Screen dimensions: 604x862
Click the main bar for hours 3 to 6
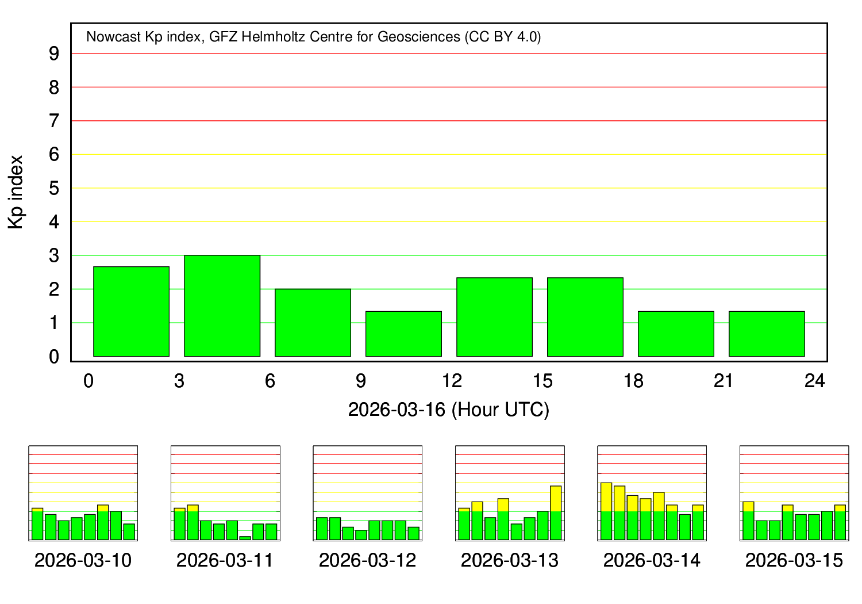point(222,305)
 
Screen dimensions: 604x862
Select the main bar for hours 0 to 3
point(131,311)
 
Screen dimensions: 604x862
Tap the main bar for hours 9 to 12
point(403,334)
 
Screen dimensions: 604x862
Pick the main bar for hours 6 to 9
point(313,322)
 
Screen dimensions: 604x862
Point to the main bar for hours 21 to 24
point(767,334)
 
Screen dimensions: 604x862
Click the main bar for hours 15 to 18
point(585,317)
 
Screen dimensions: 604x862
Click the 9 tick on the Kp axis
point(54,53)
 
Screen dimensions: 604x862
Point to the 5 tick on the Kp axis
point(54,188)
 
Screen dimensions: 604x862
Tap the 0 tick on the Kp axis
point(54,357)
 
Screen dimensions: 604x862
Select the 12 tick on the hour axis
point(452,381)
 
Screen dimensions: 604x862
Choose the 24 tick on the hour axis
point(815,381)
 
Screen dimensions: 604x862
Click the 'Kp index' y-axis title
point(16,192)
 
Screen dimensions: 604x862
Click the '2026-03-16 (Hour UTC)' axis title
point(449,410)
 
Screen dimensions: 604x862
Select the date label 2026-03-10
point(83,560)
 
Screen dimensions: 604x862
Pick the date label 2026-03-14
point(652,560)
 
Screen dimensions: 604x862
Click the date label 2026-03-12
point(367,560)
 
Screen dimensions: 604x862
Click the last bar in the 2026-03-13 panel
point(556,513)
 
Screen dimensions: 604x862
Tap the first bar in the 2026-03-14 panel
point(606,511)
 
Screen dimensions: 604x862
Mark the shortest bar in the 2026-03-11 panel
point(245,538)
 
